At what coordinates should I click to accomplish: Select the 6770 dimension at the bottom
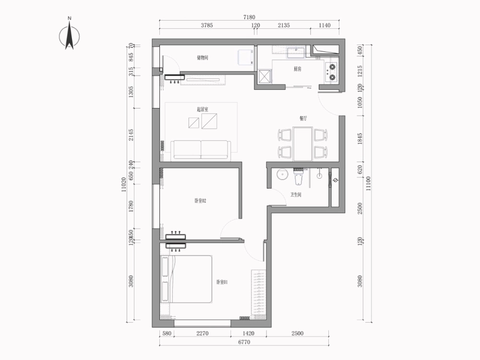pos(244,342)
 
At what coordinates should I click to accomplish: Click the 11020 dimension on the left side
pos(124,184)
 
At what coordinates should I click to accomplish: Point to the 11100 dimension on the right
pos(368,183)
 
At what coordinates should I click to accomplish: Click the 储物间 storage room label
pos(203,58)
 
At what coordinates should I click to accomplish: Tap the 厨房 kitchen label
pos(298,69)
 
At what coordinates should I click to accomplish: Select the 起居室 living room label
pos(202,109)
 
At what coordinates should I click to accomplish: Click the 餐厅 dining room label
pos(303,118)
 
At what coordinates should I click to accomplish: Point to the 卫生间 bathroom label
pos(296,195)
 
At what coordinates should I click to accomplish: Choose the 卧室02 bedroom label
pos(200,201)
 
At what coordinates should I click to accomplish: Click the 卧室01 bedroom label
pos(221,282)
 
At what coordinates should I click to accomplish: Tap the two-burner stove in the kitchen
pos(331,71)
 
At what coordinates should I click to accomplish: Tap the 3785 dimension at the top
pos(206,25)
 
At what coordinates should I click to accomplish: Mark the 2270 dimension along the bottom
pos(202,333)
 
